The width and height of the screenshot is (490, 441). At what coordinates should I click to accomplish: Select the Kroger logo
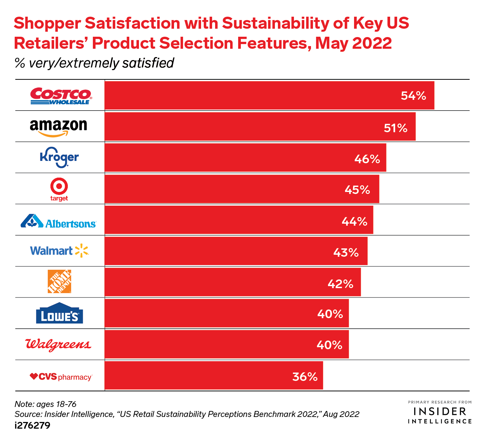click(59, 157)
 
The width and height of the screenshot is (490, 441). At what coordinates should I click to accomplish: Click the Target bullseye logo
click(59, 189)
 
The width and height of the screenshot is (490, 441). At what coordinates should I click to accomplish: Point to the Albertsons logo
click(58, 221)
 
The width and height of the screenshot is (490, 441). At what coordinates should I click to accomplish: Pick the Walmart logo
click(59, 251)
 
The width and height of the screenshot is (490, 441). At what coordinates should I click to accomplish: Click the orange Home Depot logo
click(59, 281)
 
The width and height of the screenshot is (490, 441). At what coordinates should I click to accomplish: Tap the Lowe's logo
click(59, 313)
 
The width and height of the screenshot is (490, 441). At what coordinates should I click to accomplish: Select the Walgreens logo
click(58, 345)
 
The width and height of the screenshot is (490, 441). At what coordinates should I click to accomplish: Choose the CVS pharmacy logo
click(61, 377)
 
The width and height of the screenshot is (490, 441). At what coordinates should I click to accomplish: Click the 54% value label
click(414, 96)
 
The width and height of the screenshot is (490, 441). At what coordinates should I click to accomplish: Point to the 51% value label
click(395, 128)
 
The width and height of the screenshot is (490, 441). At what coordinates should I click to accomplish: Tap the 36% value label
click(305, 377)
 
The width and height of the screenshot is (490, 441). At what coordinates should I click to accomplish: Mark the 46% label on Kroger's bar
click(367, 159)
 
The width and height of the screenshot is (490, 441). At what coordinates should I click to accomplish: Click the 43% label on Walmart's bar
click(346, 253)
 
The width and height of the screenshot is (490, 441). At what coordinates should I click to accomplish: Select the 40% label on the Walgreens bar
click(329, 345)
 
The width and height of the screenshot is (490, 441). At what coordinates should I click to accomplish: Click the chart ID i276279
click(32, 426)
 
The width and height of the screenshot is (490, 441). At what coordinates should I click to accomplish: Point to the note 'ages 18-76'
click(45, 404)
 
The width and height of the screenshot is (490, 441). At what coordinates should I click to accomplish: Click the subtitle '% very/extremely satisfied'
click(95, 63)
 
